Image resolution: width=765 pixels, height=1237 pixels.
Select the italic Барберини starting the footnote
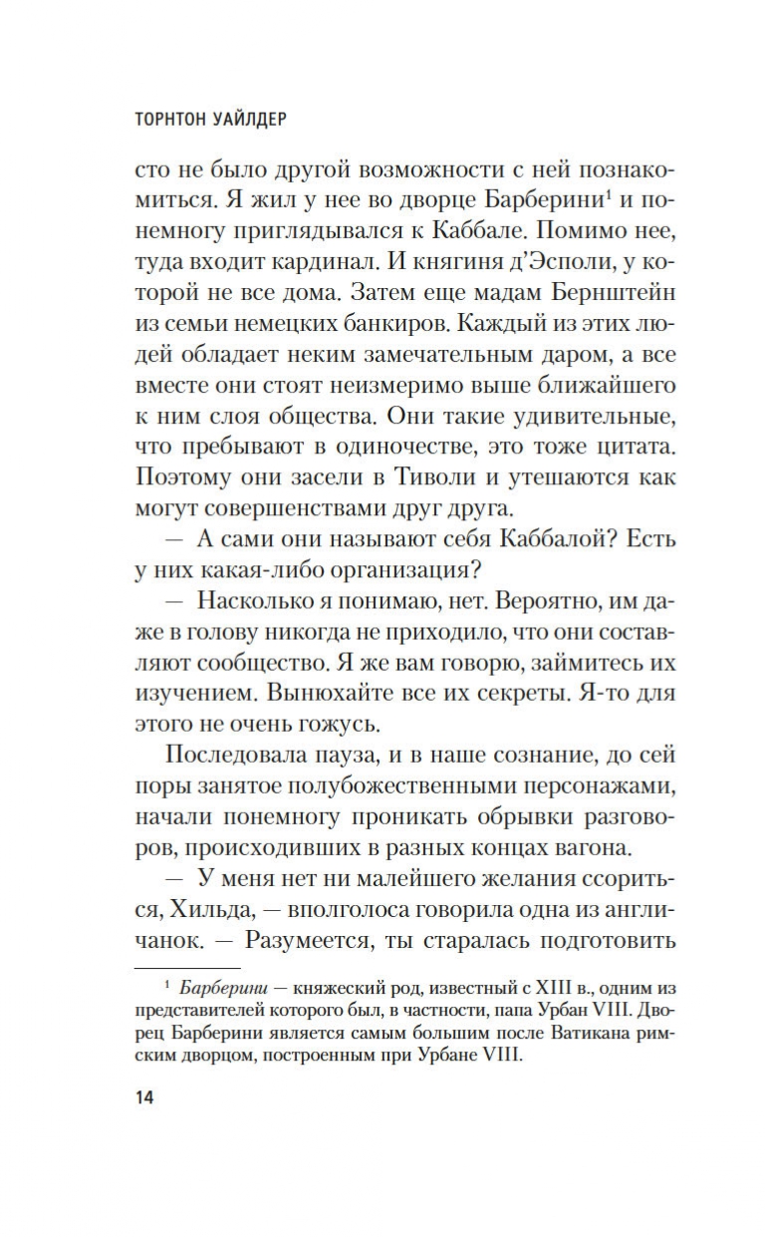pos(221,988)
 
